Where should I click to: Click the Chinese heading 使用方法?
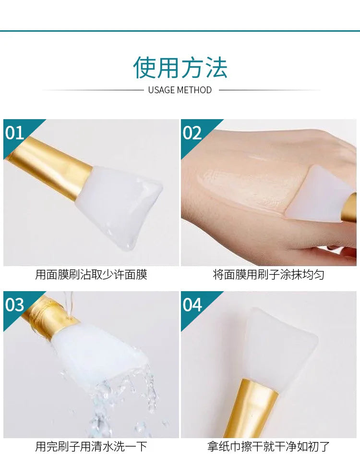[180, 67]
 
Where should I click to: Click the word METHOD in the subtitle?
[194, 90]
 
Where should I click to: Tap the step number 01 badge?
[15, 133]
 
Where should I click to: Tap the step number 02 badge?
[192, 133]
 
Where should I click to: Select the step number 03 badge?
[15, 305]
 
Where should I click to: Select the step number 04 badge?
[192, 305]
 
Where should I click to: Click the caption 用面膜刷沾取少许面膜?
[91, 275]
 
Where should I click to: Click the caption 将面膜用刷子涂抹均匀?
[269, 275]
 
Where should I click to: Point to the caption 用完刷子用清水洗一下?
[91, 446]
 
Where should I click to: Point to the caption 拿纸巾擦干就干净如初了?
[269, 446]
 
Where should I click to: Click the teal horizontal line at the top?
[180, 31]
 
